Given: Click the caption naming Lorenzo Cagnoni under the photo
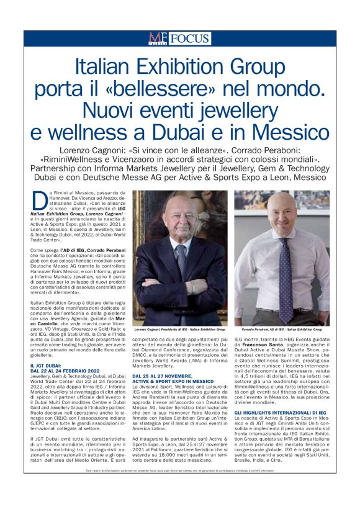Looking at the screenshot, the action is coord(180,329).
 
